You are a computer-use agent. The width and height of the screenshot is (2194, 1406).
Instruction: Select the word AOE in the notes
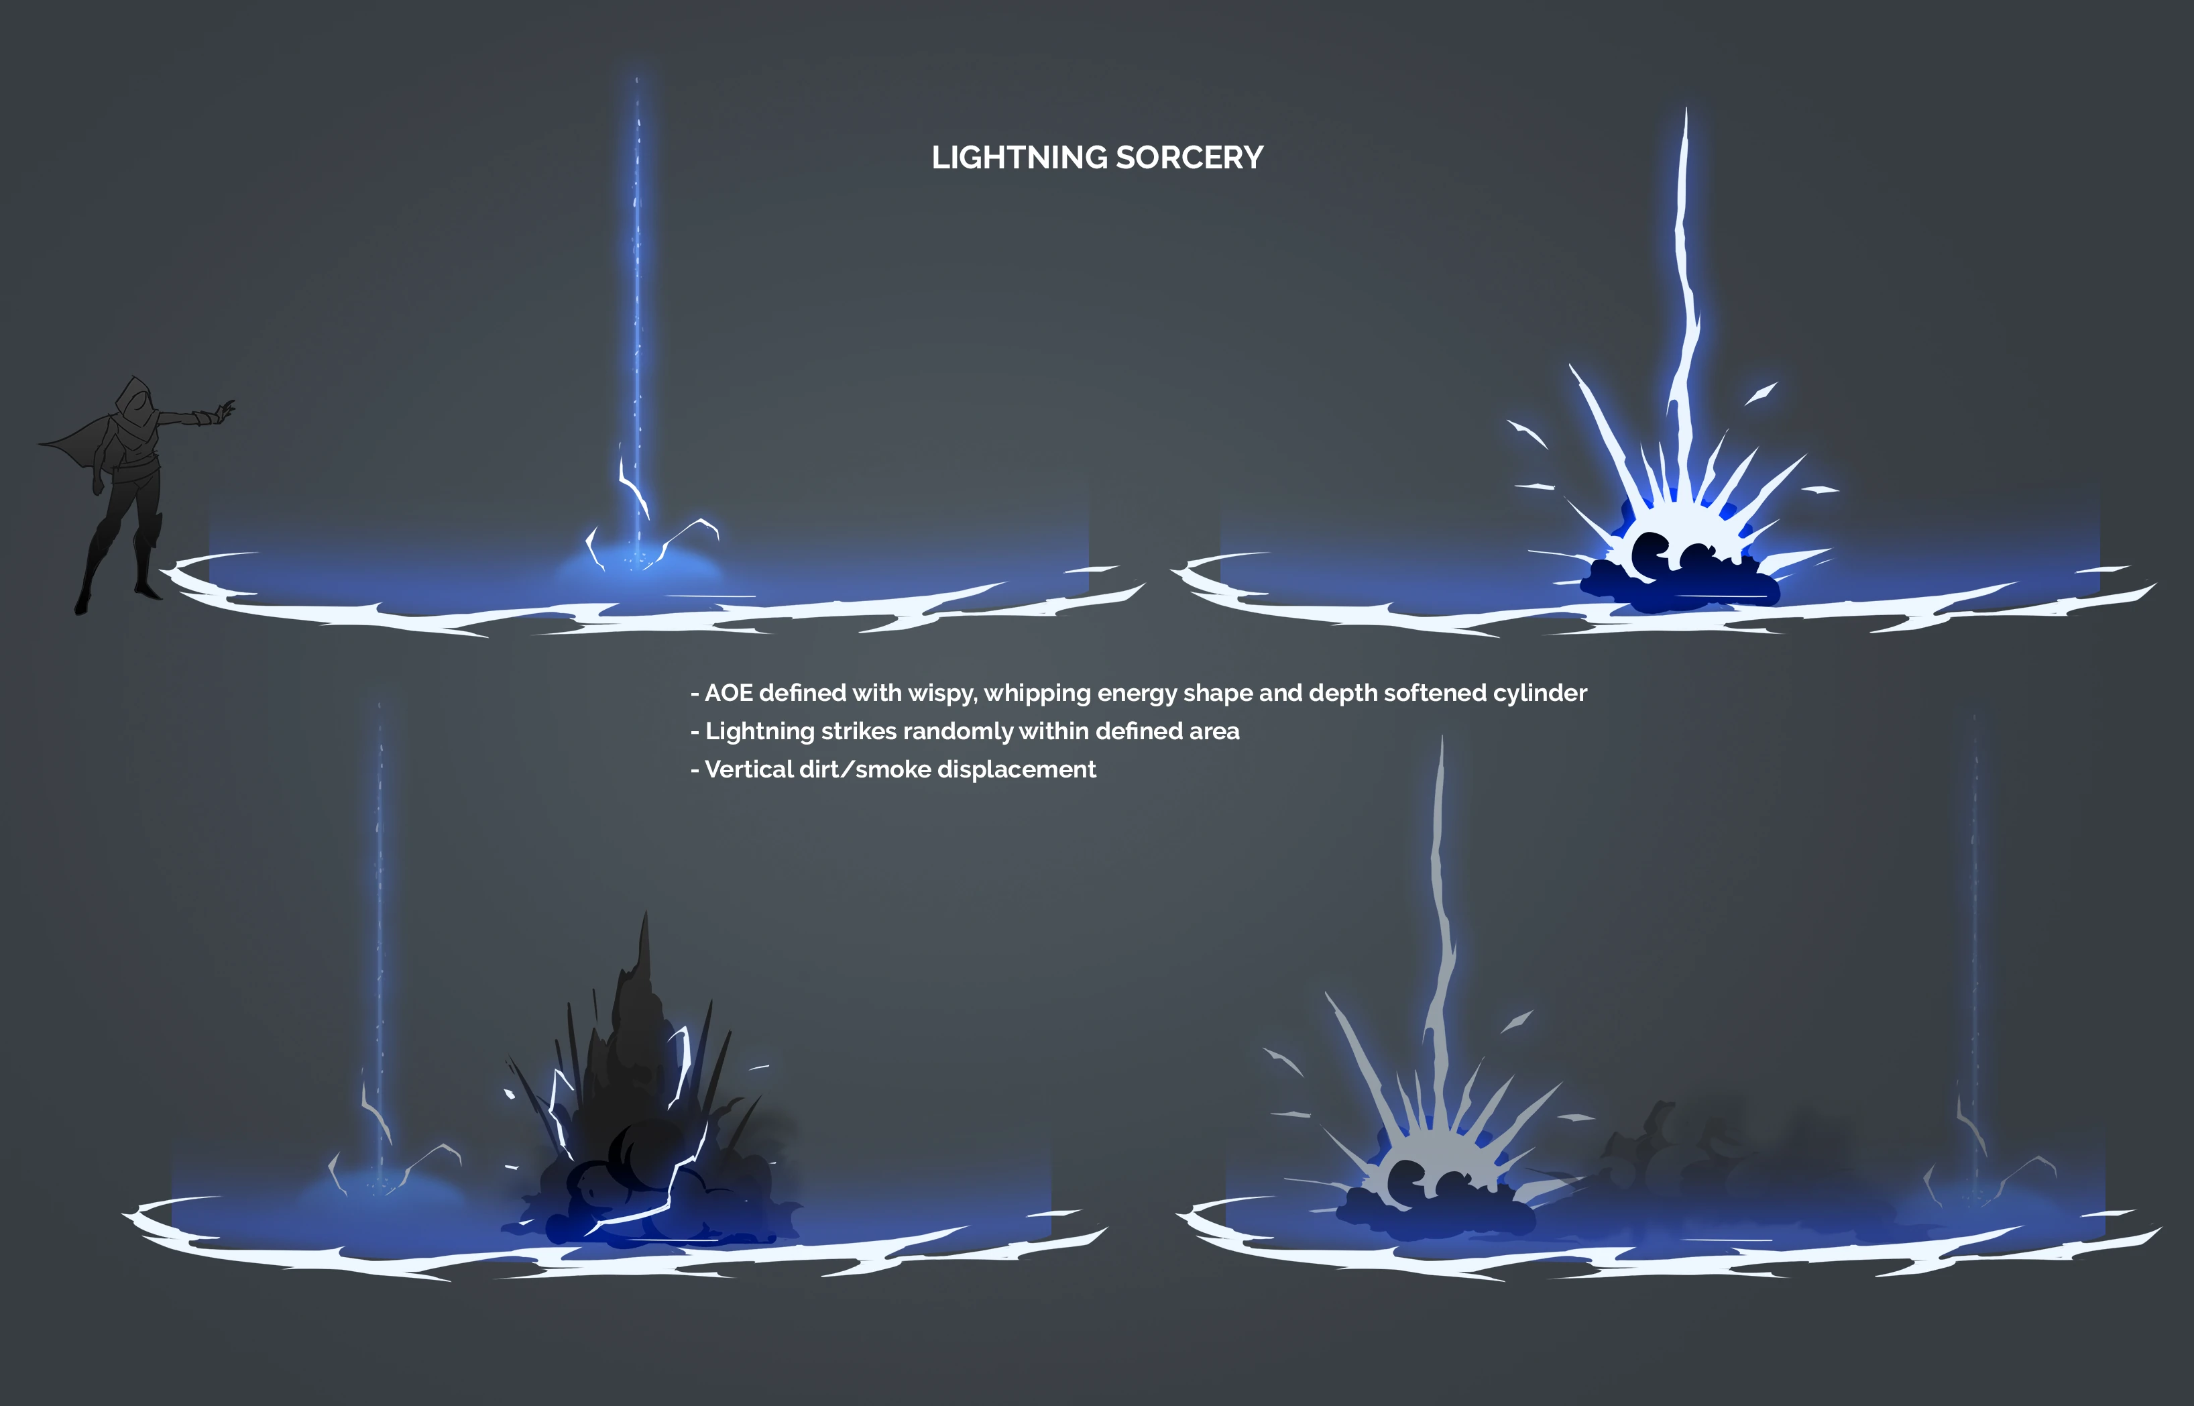(728, 693)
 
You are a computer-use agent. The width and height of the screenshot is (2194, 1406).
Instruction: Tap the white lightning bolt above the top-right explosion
(1684, 274)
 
